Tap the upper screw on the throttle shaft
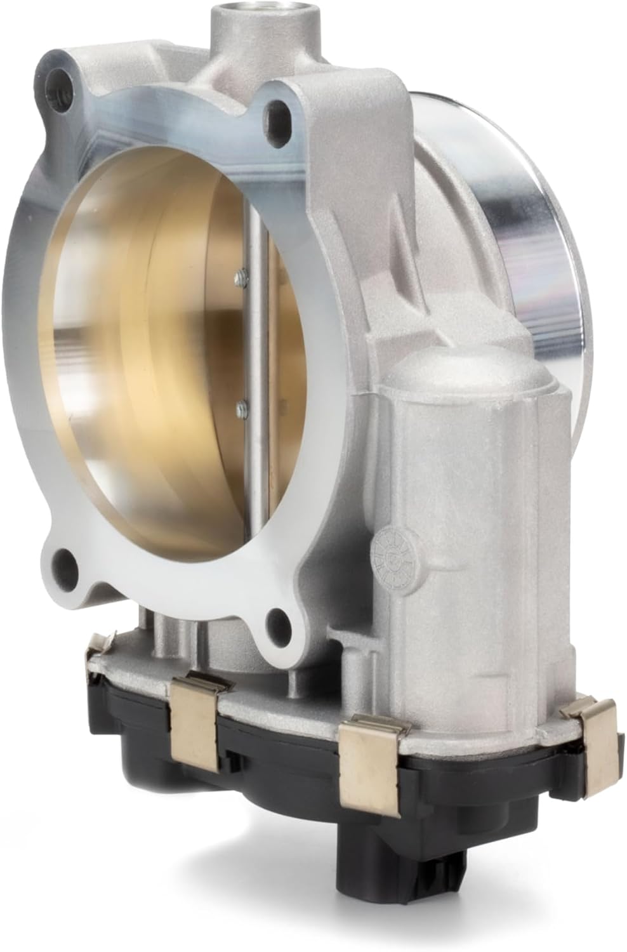pyautogui.click(x=239, y=274)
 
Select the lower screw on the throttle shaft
pyautogui.click(x=240, y=404)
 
